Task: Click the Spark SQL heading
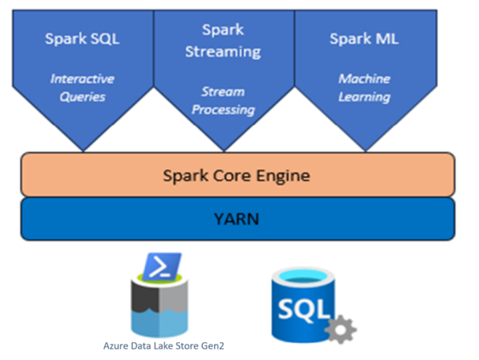pos(82,38)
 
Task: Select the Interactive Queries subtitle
pos(82,88)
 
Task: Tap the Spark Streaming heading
pos(223,40)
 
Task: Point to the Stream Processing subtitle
pos(223,101)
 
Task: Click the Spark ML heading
pos(364,38)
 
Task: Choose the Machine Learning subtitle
pos(364,88)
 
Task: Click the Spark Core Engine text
pos(236,175)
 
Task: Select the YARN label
pos(237,218)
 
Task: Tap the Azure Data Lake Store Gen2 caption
pos(164,346)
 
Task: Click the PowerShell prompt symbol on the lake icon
pos(161,266)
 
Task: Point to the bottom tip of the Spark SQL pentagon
pos(83,151)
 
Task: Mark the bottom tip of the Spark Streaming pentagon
pos(224,151)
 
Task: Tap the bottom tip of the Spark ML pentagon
pos(365,151)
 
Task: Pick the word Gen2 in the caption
pos(212,346)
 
